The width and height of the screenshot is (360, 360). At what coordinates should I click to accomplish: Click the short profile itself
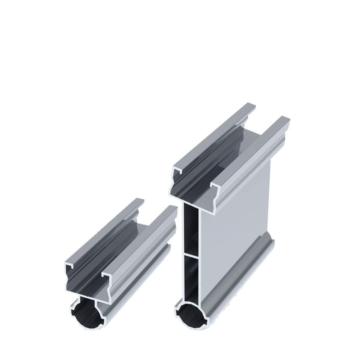pyautogui.click(x=119, y=259)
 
